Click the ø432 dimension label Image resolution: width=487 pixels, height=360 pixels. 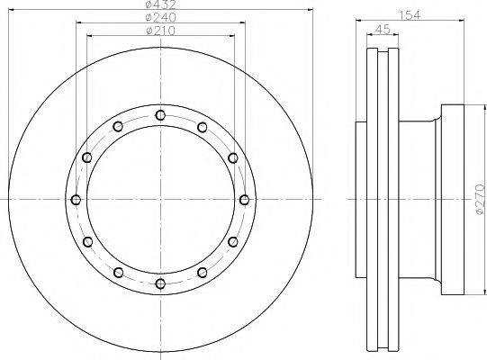point(161,4)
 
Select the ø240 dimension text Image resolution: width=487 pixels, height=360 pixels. point(161,17)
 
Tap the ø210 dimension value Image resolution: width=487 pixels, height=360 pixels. point(161,31)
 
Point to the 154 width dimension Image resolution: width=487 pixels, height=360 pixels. point(410,14)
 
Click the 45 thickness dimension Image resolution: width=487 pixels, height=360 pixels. point(383,29)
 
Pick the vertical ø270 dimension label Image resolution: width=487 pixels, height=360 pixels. point(480,199)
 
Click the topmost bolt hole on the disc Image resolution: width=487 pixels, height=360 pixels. point(160,115)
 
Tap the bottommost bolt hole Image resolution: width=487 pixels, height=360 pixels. point(160,283)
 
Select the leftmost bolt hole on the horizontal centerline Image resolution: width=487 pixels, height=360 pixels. point(77,200)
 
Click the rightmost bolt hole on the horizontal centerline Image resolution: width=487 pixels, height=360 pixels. point(245,200)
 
